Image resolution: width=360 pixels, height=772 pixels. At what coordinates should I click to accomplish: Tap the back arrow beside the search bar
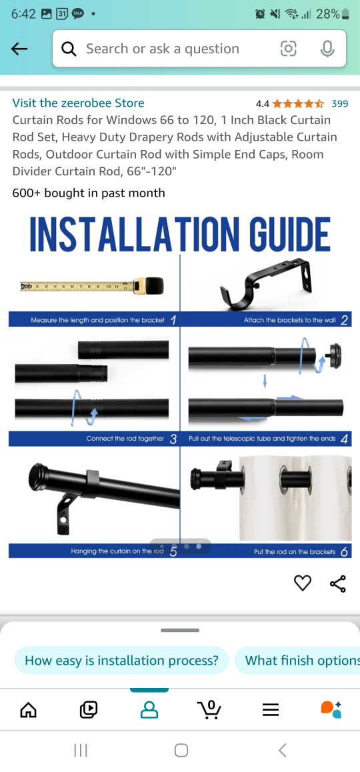coord(19,49)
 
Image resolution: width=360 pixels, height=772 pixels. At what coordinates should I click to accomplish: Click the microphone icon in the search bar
coord(327,49)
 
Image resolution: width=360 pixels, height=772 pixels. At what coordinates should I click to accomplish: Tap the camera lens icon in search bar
coord(288,49)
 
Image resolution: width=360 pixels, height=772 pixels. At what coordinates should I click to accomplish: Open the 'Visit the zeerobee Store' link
coord(78,103)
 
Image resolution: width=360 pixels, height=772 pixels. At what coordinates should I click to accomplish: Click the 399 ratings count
coord(339,103)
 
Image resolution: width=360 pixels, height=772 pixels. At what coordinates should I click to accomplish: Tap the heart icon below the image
coord(303,583)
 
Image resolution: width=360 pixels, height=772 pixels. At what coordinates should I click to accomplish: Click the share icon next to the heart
coord(338,584)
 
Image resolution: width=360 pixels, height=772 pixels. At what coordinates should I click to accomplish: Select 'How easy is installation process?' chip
coord(121,661)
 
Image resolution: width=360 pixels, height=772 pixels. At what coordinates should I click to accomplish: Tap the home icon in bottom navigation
coord(29,710)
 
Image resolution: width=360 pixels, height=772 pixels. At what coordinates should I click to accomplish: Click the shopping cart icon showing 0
coord(210,709)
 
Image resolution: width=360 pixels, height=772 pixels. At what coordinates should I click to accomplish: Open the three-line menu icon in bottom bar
coord(270,710)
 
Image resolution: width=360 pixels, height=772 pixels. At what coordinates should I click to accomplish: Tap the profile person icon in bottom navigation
coord(149,710)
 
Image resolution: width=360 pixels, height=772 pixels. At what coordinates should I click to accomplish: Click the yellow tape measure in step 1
coord(92,287)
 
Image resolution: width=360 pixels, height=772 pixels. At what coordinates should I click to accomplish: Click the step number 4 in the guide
coord(344,439)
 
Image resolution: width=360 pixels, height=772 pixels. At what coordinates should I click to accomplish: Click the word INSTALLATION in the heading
coord(134,235)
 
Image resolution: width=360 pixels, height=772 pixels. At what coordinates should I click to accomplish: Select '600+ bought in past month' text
coord(89,193)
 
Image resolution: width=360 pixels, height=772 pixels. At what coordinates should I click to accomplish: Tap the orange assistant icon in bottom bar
coord(331,709)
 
